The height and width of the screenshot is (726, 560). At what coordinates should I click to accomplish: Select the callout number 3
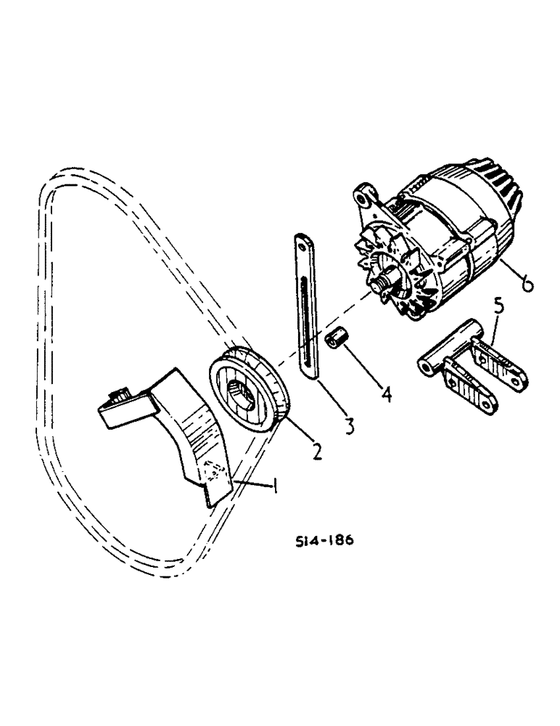350,426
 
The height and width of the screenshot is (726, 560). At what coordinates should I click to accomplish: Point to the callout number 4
387,394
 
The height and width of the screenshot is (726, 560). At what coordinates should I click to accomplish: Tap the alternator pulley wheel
250,393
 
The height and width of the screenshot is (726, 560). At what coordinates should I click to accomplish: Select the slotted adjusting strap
305,305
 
